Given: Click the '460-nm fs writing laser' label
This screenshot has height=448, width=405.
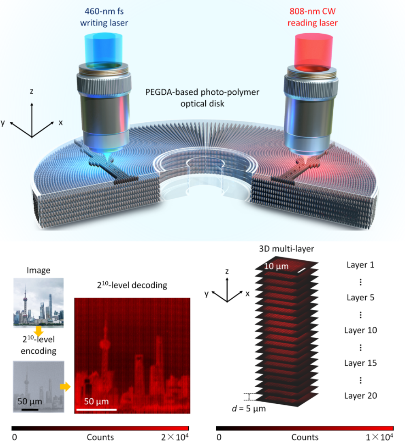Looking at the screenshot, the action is [104, 17].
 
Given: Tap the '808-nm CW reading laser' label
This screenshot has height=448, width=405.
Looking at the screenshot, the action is [313, 17].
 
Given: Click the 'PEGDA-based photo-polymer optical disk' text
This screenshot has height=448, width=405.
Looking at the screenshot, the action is [202, 98].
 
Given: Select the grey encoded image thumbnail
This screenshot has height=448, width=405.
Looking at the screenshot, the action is [38, 386].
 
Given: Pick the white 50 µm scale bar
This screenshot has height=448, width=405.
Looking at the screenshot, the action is [96, 410].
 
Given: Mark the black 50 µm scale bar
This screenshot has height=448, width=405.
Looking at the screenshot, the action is [30, 410].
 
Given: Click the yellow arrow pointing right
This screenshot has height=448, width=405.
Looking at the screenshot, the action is [65, 386].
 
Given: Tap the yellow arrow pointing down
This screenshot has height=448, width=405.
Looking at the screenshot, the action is [38, 331].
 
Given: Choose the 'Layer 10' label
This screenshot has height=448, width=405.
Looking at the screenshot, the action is [360, 330].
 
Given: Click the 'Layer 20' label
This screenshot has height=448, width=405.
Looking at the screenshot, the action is [360, 396].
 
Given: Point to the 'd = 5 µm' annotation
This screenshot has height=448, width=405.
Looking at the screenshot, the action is [249, 409].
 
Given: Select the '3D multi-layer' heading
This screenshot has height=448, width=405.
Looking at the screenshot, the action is [286, 249].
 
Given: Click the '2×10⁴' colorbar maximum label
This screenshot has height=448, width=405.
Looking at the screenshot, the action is [175, 437].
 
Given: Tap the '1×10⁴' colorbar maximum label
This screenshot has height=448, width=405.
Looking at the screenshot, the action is [379, 437].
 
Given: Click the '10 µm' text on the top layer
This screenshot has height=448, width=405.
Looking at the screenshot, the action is [276, 266].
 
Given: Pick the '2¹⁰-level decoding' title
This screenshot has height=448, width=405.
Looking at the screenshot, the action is [132, 285].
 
